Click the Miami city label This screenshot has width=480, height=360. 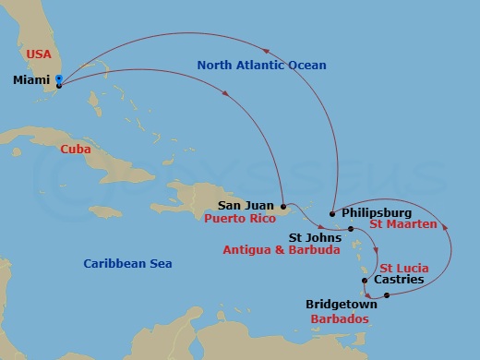[31, 80]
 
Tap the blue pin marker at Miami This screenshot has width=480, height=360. [59, 79]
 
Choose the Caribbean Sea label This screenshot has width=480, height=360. [127, 264]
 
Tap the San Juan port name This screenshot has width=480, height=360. [246, 206]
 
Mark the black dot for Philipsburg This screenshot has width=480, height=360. [332, 212]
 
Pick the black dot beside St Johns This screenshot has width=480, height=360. [351, 228]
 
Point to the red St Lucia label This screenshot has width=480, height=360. [404, 268]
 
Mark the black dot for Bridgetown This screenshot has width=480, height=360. [387, 295]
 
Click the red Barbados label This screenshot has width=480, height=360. [339, 318]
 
